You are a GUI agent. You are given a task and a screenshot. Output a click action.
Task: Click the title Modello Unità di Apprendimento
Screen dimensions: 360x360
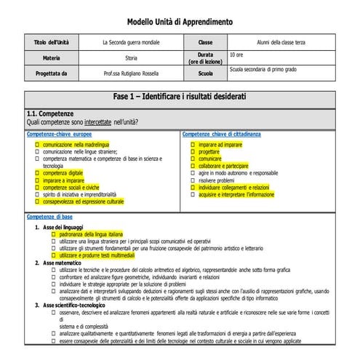click(x=180, y=21)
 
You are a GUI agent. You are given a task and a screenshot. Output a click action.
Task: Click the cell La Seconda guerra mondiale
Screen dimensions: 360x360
click(x=131, y=43)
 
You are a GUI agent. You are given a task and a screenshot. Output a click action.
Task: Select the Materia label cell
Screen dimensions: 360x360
click(x=51, y=57)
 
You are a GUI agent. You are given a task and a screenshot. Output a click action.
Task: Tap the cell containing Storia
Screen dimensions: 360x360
click(x=131, y=57)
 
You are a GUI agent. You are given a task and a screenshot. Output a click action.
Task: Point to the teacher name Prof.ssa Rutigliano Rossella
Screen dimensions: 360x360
click(x=131, y=73)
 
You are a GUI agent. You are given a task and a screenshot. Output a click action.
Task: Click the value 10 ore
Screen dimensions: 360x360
click(x=237, y=55)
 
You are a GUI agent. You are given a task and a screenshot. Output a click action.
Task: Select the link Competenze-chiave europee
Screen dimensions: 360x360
click(x=60, y=135)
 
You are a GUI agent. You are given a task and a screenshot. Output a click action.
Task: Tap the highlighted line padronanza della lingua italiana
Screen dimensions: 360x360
click(x=90, y=235)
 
